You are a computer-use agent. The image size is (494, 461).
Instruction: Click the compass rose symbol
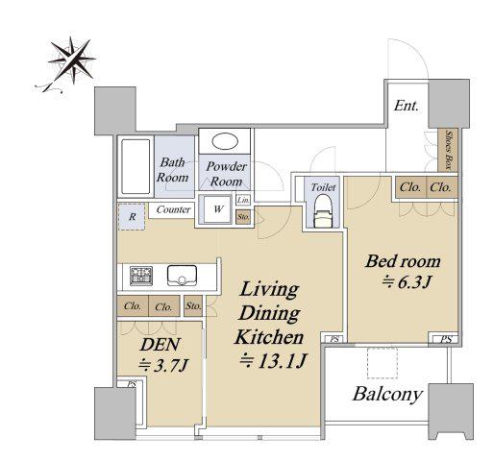(71, 61)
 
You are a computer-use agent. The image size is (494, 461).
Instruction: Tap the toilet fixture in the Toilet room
(323, 211)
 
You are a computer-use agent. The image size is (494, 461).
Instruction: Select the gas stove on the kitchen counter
(141, 276)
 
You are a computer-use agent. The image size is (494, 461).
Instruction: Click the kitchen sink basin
(182, 276)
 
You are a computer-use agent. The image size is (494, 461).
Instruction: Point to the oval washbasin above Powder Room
(225, 141)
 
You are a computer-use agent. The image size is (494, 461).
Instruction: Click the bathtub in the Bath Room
(136, 166)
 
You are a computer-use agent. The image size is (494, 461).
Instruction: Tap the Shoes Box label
(449, 150)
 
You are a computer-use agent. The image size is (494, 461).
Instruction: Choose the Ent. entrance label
(407, 106)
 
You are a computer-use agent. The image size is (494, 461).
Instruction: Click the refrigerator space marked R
(132, 217)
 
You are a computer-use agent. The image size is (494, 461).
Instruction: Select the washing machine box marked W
(218, 209)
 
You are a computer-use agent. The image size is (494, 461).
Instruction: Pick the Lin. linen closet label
(243, 201)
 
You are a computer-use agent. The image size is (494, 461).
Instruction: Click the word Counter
(173, 209)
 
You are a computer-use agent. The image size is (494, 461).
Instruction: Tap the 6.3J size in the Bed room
(407, 282)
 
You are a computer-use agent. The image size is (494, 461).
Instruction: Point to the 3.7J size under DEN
(162, 365)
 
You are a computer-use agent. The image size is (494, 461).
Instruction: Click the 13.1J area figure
(274, 361)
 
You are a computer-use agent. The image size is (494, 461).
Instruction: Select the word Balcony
(387, 394)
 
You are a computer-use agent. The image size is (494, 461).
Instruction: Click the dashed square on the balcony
(383, 363)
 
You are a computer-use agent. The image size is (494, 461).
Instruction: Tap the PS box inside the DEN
(132, 383)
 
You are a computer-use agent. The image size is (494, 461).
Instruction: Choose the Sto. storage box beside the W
(243, 217)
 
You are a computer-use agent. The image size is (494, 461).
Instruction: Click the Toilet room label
(323, 187)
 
